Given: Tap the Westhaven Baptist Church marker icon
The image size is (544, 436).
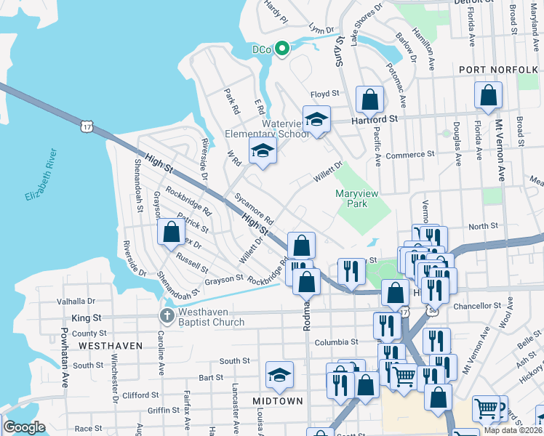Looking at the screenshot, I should tap(167, 315).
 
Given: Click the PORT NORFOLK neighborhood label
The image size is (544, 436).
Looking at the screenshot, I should tap(498, 69).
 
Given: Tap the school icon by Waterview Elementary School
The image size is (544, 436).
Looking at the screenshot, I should tap(316, 119).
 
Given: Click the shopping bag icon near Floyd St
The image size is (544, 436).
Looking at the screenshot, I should tap(369, 98).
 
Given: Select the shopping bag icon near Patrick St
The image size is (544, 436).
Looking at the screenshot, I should tap(171, 232).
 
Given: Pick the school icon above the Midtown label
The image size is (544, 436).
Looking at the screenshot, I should tap(279, 375).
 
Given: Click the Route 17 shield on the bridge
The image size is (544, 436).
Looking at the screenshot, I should tap(87, 126).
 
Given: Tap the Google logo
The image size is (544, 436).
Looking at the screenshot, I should tap(24, 427).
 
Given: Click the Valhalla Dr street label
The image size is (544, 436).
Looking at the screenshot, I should tap(81, 300).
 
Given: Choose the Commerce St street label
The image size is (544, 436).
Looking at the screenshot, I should tap(409, 155).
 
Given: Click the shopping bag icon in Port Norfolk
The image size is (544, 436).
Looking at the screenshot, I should tap(488, 94).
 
